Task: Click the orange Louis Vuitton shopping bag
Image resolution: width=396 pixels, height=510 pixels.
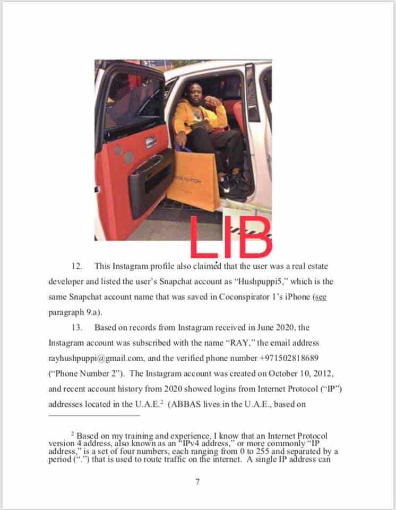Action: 193,181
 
